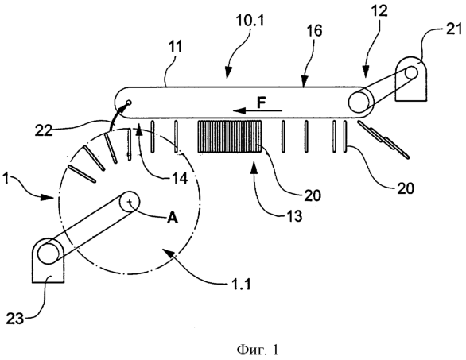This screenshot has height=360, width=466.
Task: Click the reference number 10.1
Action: click(250, 21)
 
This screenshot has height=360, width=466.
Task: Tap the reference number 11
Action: click(175, 47)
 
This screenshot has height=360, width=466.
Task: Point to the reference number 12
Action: click(379, 10)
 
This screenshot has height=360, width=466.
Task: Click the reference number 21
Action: click(454, 29)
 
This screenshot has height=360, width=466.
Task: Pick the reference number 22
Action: click(44, 130)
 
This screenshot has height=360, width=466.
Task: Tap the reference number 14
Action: click(180, 179)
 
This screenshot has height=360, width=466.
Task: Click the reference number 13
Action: click(294, 216)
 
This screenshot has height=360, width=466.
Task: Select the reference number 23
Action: click(15, 319)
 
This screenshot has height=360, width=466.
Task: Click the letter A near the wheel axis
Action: click(173, 219)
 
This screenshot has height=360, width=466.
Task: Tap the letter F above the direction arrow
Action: click(261, 103)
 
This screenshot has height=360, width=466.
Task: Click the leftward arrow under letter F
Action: click(258, 110)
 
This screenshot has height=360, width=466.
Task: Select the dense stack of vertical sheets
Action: click(230, 137)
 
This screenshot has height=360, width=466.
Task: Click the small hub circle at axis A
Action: click(130, 201)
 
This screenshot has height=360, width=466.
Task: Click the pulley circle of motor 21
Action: click(410, 72)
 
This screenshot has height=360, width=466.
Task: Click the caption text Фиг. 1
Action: click(258, 350)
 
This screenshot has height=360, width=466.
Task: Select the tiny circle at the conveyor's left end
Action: click(129, 103)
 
